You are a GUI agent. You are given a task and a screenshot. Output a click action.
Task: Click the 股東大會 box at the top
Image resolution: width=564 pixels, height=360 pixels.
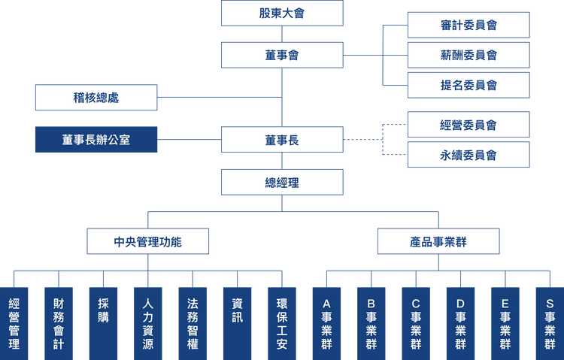tap(282, 14)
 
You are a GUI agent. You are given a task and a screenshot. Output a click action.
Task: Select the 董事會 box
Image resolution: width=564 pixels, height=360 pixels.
tap(282, 55)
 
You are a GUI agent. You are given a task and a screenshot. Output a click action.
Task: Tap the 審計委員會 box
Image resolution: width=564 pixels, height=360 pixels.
tap(468, 25)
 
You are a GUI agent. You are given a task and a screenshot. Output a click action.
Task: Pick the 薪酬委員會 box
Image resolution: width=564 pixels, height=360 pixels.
tap(468, 55)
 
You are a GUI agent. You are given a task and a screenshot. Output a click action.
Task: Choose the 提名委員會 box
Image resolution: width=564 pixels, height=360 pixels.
tap(468, 86)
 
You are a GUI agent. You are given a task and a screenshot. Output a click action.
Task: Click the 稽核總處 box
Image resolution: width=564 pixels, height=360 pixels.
tap(96, 98)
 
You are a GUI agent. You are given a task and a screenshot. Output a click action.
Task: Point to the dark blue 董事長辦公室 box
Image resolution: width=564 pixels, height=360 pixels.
tap(96, 140)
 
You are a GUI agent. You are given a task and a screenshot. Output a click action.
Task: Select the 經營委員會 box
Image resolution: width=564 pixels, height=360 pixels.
tap(468, 125)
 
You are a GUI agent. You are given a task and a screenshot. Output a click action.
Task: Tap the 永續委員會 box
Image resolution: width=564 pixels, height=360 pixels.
tap(468, 156)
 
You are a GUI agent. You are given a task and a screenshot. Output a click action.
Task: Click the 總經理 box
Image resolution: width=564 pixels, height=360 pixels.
tap(282, 182)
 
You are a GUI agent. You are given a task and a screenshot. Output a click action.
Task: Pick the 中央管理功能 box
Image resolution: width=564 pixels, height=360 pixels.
tap(147, 242)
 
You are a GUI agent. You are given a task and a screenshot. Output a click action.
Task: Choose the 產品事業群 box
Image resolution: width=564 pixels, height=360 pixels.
tap(438, 242)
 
